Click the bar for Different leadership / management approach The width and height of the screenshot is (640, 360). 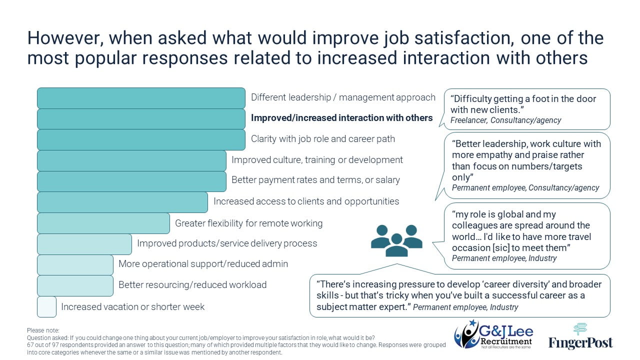click(141, 98)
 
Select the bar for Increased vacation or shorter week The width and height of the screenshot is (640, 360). click(46, 306)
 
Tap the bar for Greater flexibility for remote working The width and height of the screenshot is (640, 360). click(103, 223)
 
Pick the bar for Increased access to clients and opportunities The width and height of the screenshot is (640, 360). click(122, 202)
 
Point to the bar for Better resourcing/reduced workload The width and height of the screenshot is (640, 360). click(75, 285)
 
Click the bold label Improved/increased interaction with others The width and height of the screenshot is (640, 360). click(341, 118)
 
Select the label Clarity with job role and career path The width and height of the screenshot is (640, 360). click(322, 139)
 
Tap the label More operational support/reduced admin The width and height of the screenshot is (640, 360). click(203, 264)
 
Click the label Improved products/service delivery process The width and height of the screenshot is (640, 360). click(227, 243)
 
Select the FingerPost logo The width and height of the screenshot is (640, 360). click(580, 336)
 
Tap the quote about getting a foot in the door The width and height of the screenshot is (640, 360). click(523, 104)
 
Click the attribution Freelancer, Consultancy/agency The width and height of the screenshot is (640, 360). click(505, 120)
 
